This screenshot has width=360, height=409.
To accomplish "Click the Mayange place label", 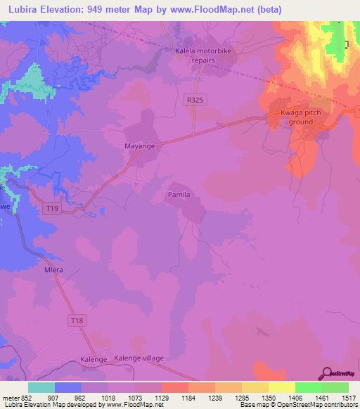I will coord(140,147).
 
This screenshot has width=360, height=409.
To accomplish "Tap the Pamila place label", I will coord(179,194).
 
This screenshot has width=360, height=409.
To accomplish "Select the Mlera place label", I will coord(54,270).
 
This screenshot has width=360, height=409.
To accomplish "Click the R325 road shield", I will coord(195,100).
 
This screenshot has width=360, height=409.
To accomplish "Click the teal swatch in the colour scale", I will coord(41,387).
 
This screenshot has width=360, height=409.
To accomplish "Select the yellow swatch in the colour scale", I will coord(282,387).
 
